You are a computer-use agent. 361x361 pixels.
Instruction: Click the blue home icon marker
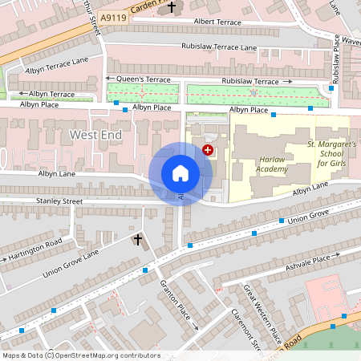(x=180, y=172)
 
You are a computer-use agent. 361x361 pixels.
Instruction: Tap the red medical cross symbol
(x=209, y=149)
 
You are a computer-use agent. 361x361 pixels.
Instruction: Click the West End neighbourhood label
(x=95, y=135)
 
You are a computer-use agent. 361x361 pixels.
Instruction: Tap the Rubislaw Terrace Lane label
(x=218, y=48)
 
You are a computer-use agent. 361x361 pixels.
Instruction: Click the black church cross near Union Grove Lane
(x=137, y=239)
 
